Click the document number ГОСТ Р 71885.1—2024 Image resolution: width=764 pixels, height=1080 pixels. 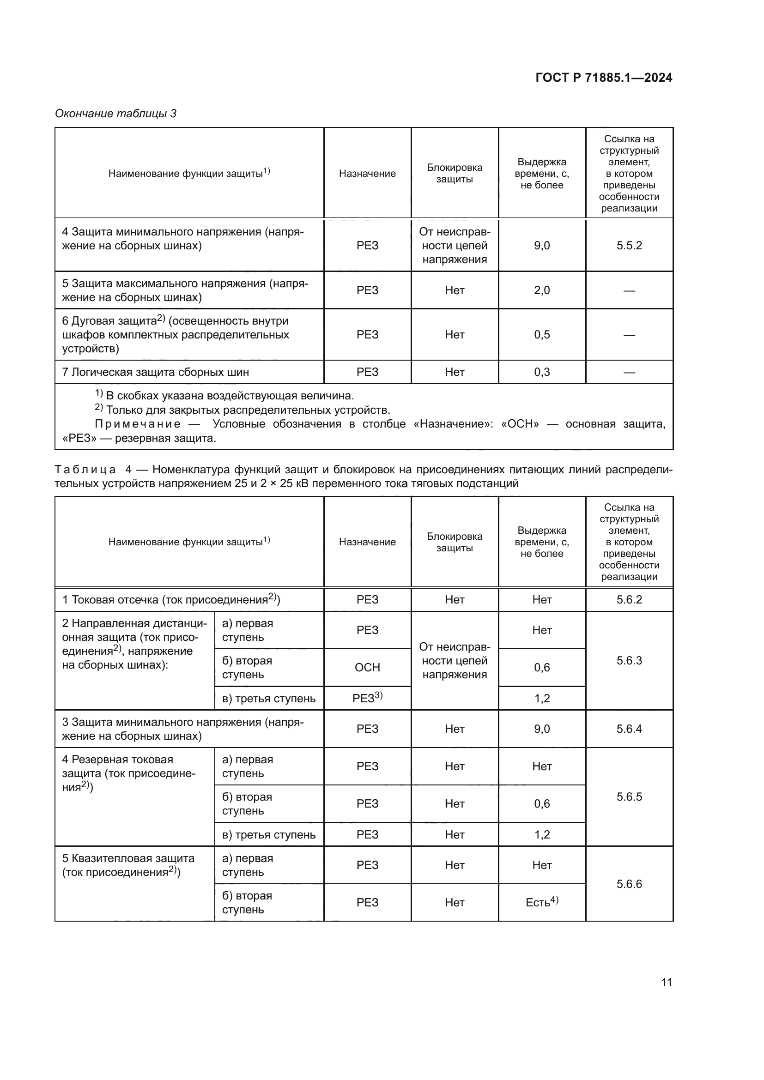click(604, 78)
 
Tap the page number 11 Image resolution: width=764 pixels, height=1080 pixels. click(666, 982)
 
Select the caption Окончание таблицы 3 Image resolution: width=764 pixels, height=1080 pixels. click(116, 114)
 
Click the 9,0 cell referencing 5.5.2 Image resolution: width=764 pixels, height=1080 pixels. click(541, 246)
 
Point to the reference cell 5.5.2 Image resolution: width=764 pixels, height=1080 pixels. click(629, 246)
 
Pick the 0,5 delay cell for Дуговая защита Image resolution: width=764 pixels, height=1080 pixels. click(541, 334)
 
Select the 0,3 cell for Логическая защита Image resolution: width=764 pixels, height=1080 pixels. click(541, 372)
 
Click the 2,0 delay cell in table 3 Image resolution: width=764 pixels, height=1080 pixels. click(541, 290)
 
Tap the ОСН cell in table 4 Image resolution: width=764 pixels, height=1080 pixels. click(367, 668)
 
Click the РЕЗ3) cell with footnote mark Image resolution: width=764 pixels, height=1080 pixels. click(367, 698)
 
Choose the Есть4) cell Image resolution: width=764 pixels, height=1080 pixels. click(541, 902)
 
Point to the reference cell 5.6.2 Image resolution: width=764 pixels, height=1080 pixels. click(629, 600)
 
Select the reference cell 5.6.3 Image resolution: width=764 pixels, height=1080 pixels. click(629, 660)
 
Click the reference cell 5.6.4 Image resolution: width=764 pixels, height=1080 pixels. click(629, 729)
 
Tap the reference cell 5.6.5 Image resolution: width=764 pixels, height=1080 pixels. click(629, 797)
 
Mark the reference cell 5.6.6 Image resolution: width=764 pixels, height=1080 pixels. click(629, 884)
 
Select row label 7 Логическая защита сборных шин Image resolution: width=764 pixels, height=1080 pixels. click(155, 372)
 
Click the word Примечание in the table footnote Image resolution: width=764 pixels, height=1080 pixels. click(137, 424)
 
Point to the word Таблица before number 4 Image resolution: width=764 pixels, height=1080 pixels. click(85, 470)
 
